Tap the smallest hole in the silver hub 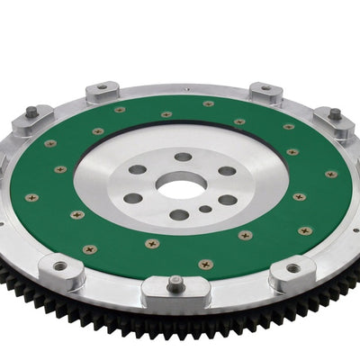pyautogui.click(x=206, y=209)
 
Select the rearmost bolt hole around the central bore pyautogui.click(x=183, y=157)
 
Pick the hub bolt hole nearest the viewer pyautogui.click(x=178, y=215)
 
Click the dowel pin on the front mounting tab pyautogui.click(x=175, y=281)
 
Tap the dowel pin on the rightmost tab pyautogui.click(x=335, y=114)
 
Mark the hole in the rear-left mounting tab pyautogui.click(x=102, y=88)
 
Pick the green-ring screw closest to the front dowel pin pyautogui.click(x=206, y=264)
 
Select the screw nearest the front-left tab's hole pyautogui.click(x=88, y=249)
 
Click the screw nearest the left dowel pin pyautogui.click(x=49, y=143)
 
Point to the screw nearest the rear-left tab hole pyautogui.click(x=120, y=110)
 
